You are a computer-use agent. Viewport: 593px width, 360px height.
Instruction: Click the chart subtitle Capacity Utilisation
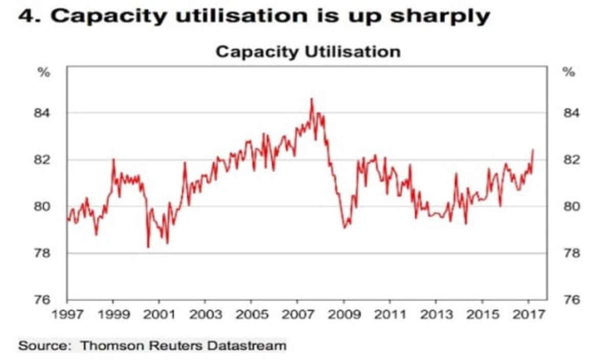(307, 52)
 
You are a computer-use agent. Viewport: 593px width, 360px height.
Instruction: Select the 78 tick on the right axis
(571, 254)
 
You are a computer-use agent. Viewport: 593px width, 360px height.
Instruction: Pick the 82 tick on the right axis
(571, 160)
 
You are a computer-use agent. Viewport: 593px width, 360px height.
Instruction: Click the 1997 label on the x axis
(67, 313)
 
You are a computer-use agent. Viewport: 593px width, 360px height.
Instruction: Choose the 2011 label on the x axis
(390, 313)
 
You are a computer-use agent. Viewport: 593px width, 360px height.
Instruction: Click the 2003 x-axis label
(205, 313)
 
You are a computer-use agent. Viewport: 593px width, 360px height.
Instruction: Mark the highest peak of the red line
(311, 99)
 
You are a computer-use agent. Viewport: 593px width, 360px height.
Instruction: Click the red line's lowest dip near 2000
(148, 247)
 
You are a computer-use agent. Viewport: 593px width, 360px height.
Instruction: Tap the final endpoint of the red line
(533, 150)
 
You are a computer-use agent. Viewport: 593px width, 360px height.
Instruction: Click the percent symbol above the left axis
(45, 73)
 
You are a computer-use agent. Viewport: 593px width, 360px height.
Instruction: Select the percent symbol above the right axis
(568, 73)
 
